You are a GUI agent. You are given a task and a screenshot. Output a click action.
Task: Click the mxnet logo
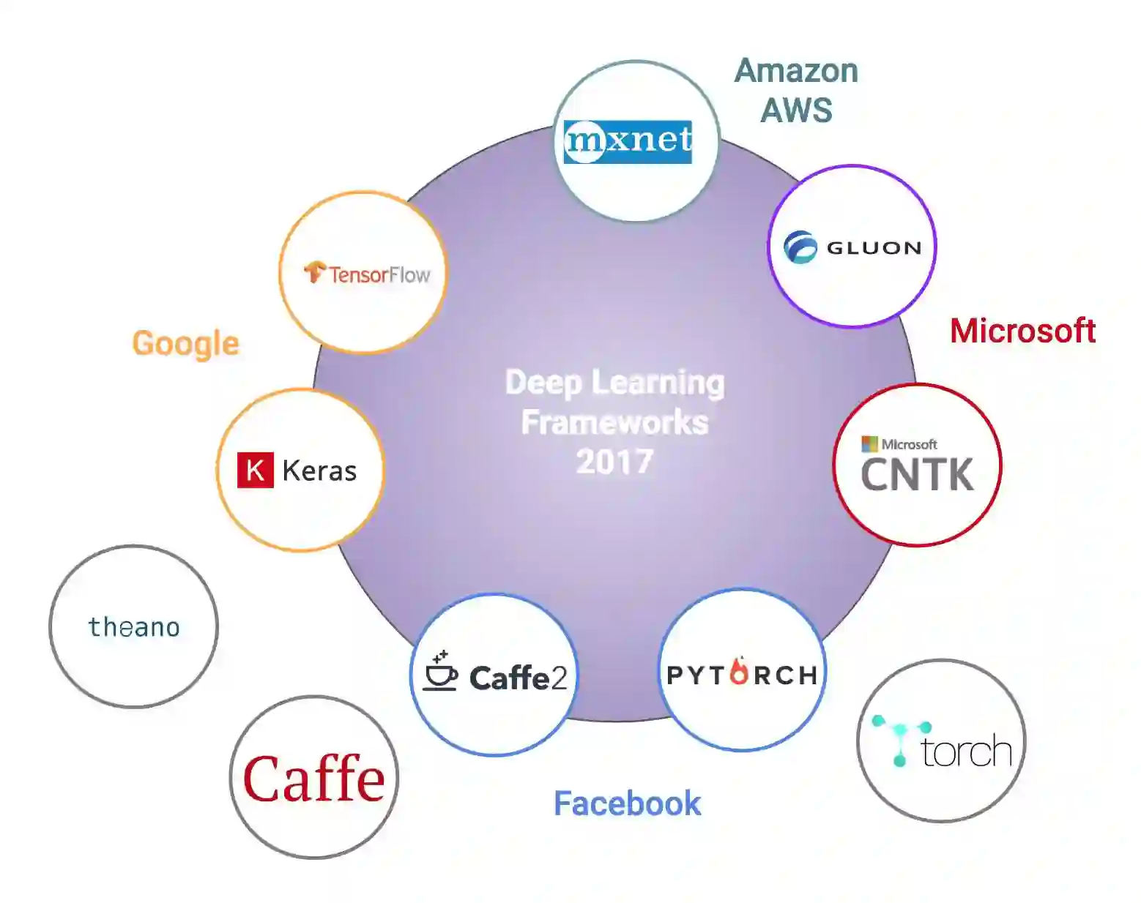point(628,140)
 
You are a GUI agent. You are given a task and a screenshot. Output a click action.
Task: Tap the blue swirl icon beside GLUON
point(800,247)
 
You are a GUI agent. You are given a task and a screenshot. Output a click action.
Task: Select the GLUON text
point(874,248)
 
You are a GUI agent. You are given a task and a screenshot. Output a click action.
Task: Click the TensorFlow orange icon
point(315,272)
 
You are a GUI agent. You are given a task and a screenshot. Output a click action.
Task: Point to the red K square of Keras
point(255,470)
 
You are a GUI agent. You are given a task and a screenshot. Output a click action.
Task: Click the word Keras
point(319,471)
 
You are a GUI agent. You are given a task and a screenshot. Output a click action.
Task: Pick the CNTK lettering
point(917,476)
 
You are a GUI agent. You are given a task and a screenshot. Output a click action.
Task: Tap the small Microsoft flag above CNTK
point(869,444)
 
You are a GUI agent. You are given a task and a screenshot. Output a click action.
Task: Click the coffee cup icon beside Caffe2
point(440,672)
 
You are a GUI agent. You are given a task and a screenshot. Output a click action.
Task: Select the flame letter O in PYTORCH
point(740,672)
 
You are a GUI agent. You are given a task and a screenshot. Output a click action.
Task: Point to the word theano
point(134,627)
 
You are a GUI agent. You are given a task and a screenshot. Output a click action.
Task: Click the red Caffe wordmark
point(314,779)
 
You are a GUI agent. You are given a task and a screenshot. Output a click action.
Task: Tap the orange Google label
point(186,344)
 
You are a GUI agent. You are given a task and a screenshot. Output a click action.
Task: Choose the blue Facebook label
point(627,803)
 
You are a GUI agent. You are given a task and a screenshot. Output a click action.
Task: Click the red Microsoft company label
point(1022,331)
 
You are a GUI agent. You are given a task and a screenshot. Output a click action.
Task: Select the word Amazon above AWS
point(796,72)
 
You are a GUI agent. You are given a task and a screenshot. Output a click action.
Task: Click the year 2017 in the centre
point(614,462)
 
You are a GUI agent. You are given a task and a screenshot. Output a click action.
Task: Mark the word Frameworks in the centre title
point(614,422)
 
